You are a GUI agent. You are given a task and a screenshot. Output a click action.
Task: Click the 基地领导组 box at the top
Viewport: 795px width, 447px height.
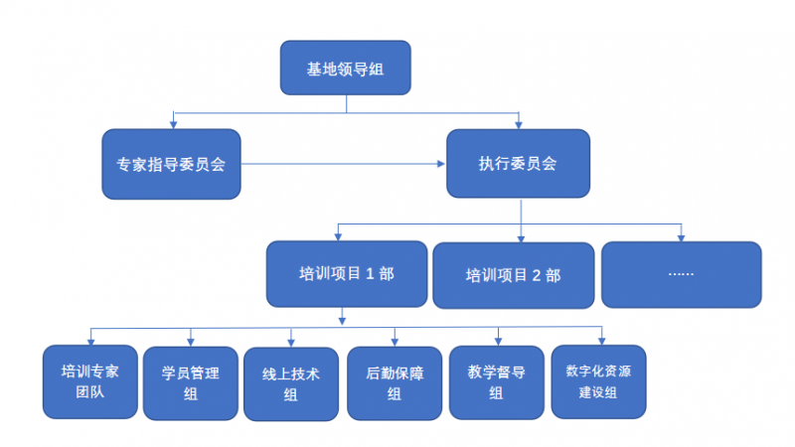tap(345, 69)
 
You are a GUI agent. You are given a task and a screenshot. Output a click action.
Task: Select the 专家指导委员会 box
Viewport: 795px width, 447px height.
tap(172, 164)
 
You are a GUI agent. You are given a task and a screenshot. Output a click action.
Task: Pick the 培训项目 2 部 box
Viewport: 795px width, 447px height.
tap(513, 275)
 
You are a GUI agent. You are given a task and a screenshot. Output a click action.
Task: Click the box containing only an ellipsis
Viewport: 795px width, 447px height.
tap(681, 274)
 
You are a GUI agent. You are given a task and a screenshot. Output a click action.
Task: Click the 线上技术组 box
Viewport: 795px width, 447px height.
tap(291, 383)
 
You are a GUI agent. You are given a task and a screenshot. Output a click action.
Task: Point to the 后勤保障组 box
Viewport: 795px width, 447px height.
tap(395, 383)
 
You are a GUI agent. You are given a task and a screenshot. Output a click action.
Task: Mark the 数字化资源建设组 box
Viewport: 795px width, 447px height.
tap(598, 381)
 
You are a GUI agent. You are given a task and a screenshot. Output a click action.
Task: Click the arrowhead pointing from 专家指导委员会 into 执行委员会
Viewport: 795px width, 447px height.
tap(441, 164)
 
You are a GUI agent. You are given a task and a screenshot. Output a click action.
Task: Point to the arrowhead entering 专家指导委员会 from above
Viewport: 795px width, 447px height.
tap(174, 125)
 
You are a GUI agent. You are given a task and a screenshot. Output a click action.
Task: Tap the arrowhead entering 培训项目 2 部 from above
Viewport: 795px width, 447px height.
tap(522, 237)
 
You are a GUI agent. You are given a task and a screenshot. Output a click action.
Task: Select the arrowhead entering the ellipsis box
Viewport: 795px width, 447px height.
tap(682, 237)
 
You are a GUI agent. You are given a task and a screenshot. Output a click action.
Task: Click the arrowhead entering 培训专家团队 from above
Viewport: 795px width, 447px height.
tap(90, 341)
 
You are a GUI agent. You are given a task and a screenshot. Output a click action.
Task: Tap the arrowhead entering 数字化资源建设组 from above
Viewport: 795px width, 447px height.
tap(601, 341)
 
